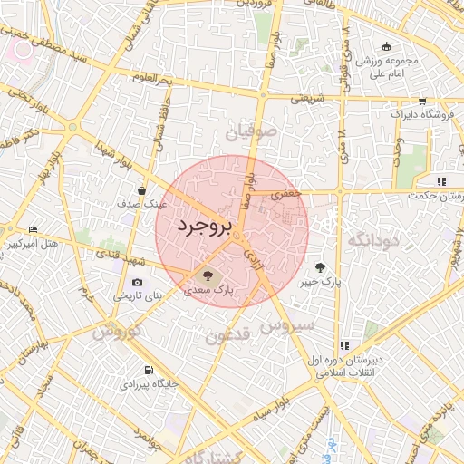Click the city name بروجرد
pos(205,226)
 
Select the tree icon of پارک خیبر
pos(320,267)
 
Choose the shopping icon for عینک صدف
pos(142,190)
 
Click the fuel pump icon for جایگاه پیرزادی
pos(149,370)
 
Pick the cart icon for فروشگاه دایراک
pos(422,101)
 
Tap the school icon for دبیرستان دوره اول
pos(344,345)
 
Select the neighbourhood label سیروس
pos(288,324)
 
